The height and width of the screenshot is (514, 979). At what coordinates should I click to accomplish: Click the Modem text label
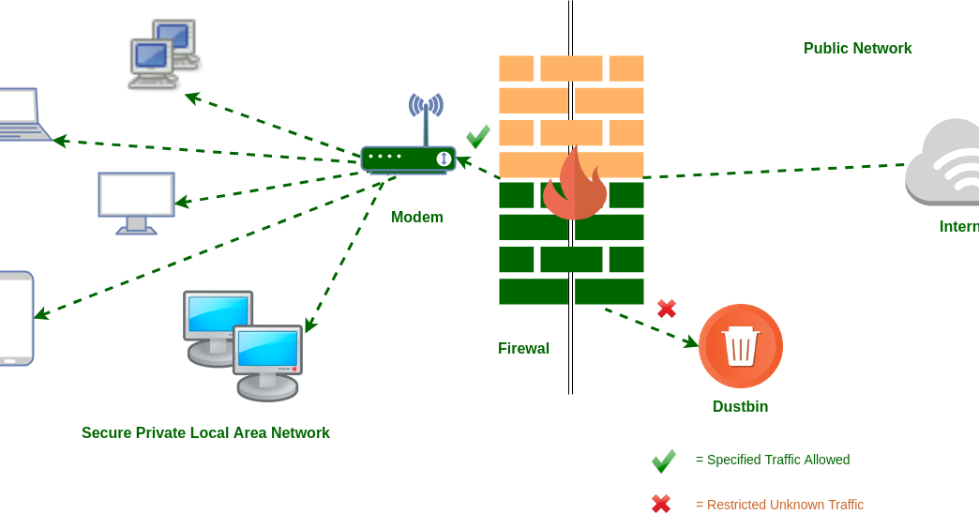416,218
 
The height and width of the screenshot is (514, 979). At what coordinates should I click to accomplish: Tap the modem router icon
409,159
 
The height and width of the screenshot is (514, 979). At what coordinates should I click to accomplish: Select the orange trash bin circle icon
740,346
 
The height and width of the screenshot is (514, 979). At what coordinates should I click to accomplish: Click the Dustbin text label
740,407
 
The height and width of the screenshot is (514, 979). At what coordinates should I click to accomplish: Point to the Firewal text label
523,349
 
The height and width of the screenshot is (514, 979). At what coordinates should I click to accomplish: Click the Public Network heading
857,49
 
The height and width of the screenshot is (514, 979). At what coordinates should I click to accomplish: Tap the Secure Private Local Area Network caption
205,433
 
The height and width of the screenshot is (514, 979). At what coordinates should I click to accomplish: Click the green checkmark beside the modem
477,137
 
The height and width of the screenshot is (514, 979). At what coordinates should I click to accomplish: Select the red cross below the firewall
667,309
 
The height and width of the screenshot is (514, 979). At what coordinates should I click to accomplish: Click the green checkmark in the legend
663,461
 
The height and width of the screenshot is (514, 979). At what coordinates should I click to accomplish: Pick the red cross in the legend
661,504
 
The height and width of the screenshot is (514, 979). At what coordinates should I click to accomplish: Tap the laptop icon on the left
19,115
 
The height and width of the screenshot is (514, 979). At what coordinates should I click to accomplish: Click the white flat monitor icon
136,202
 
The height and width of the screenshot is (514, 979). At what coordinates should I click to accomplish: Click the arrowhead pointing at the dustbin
692,343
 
